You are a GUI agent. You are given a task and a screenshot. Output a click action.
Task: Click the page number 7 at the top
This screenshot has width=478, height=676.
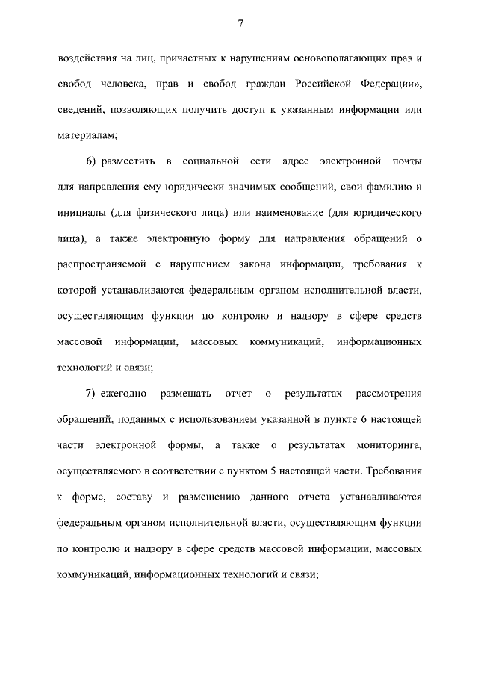[x=240, y=24]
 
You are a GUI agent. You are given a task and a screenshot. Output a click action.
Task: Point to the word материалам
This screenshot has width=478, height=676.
[x=86, y=135]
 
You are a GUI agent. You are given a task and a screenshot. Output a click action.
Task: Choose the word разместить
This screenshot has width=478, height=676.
[x=127, y=161]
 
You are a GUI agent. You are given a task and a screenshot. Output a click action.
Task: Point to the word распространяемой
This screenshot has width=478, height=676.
[x=100, y=264]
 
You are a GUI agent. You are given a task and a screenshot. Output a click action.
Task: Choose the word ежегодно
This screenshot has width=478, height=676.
[x=130, y=393]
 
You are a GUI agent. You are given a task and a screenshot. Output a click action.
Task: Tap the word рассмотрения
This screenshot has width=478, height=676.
[x=389, y=393]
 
